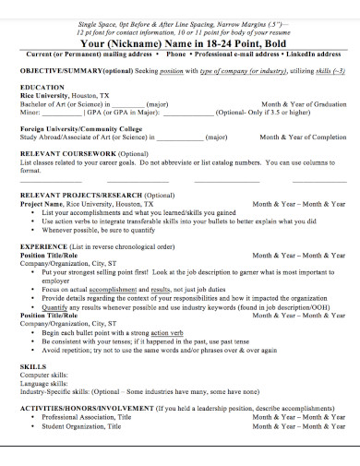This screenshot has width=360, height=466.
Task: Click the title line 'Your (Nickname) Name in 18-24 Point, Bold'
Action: (x=179, y=42)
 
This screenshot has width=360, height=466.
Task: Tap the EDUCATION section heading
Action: (x=42, y=86)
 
